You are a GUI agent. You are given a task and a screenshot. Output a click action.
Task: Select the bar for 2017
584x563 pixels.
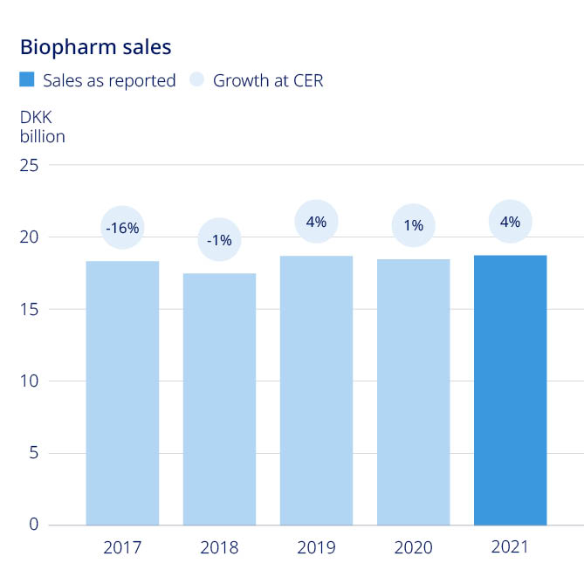pos(122,393)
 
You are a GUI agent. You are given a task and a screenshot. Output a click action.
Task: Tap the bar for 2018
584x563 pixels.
pos(219,399)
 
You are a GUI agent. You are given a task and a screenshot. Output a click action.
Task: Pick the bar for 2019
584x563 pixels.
pos(316,390)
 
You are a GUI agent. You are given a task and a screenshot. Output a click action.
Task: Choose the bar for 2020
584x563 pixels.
pos(413,392)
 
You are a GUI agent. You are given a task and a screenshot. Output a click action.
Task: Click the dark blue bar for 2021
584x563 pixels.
pos(510,390)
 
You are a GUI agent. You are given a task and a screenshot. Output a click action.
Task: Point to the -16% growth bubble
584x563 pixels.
pos(122,229)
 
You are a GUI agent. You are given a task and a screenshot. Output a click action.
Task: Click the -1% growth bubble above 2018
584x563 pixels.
pos(219,240)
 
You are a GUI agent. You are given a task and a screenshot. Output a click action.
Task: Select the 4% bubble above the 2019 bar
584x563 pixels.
pos(316,222)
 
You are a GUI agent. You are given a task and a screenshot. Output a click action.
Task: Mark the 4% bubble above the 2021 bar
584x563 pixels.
pos(510,222)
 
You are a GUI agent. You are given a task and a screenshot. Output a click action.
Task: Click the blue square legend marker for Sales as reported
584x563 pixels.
pos(27,80)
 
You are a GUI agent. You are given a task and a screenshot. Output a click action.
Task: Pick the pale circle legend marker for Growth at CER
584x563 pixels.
pos(197,80)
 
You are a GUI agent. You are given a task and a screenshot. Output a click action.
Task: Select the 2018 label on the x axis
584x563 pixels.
pos(219,549)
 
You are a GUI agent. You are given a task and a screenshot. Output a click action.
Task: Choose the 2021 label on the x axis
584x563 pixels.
pos(510,548)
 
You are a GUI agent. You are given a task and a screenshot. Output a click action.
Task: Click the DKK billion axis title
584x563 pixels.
pos(42,127)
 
